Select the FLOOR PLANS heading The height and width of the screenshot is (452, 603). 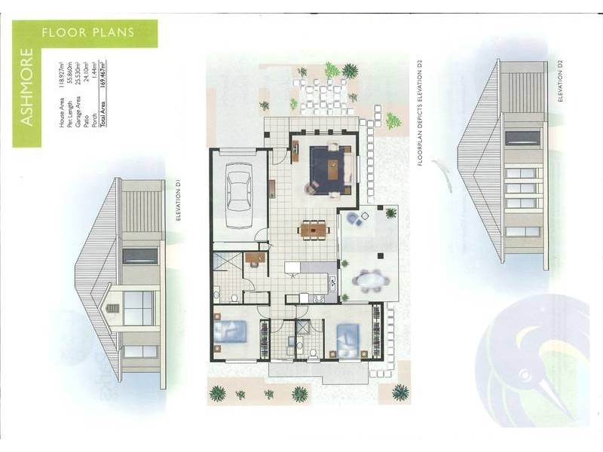coord(88,32)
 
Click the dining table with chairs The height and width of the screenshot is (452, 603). coord(313,230)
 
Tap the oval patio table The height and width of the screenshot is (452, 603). coord(369,280)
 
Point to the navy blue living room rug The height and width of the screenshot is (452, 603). coord(332,169)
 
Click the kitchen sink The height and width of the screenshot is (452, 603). coord(331,282)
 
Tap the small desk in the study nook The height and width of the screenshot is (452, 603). coord(254,258)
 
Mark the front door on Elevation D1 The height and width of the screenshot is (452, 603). coord(138,307)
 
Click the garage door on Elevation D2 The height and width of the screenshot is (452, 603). coord(522,137)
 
